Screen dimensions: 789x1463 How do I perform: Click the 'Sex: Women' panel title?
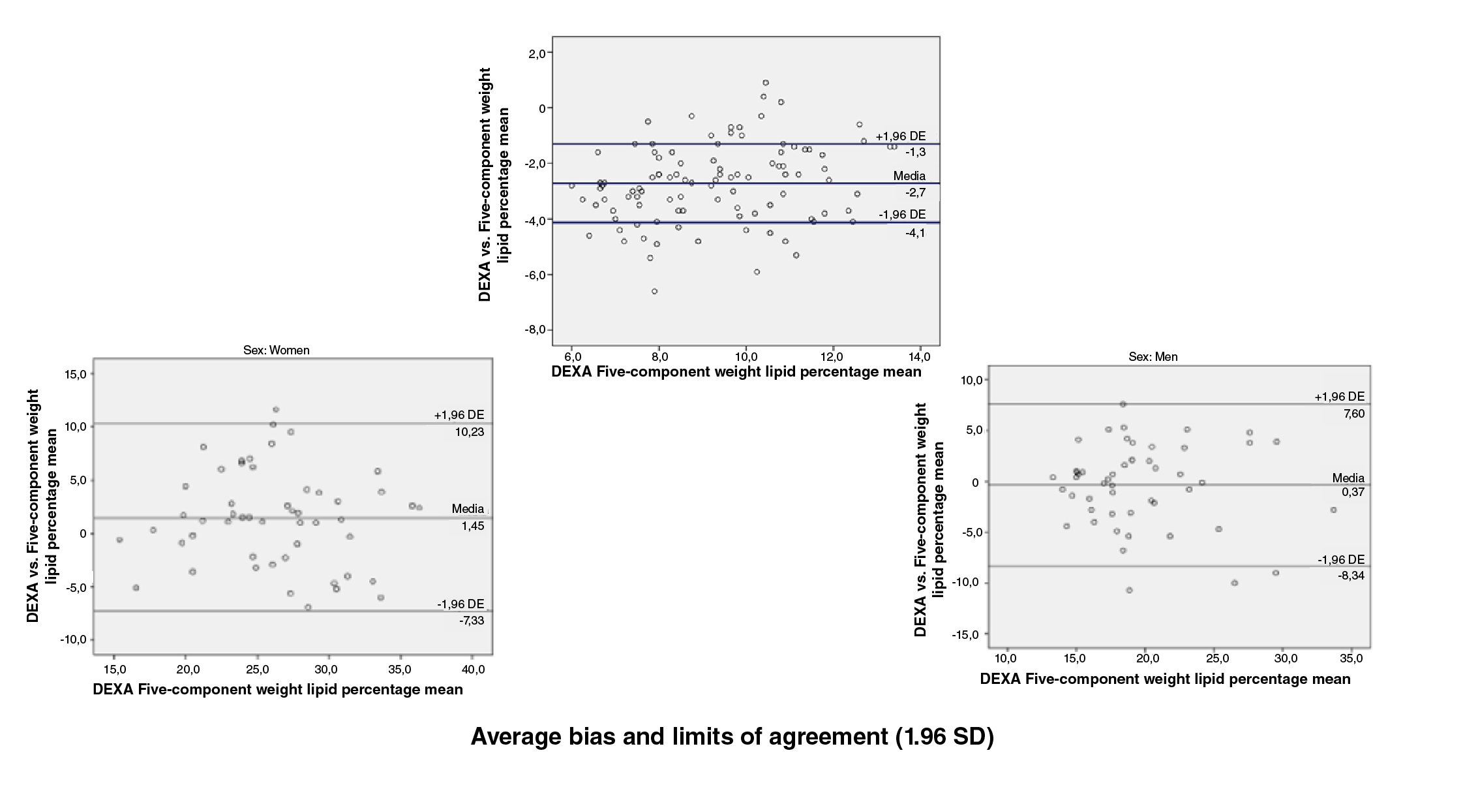click(276, 350)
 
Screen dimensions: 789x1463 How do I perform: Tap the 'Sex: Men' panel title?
click(1153, 357)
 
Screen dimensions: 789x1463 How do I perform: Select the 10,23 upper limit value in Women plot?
click(470, 432)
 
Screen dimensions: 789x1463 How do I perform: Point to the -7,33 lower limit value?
click(472, 621)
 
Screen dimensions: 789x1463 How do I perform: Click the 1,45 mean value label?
click(473, 526)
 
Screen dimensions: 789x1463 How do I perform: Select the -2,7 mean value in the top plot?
click(915, 193)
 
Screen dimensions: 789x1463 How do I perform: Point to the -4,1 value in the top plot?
click(915, 233)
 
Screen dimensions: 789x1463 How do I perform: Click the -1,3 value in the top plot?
click(915, 152)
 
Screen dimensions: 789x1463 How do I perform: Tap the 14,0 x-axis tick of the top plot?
click(920, 357)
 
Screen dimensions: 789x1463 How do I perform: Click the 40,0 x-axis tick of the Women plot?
click(472, 670)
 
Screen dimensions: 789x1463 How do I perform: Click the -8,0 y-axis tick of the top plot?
click(537, 330)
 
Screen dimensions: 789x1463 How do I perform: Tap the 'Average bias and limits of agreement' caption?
click(732, 737)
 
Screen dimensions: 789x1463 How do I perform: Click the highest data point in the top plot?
click(766, 83)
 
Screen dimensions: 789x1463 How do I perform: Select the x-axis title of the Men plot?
click(1165, 679)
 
